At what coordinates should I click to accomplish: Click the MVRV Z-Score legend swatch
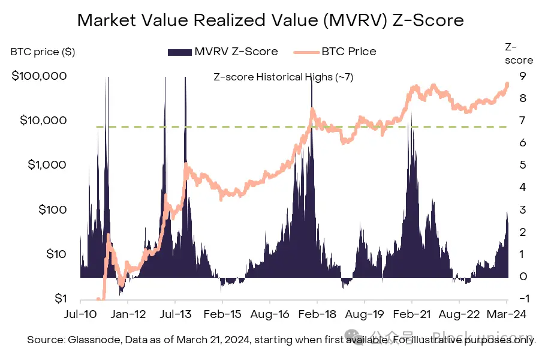pyautogui.click(x=179, y=52)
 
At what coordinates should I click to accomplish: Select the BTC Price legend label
pyautogui.click(x=349, y=51)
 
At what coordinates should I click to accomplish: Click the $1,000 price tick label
pyautogui.click(x=45, y=164)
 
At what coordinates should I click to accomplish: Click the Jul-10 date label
pyautogui.click(x=80, y=313)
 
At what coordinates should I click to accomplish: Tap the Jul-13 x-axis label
pyautogui.click(x=174, y=313)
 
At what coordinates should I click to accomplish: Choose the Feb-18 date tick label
pyautogui.click(x=317, y=313)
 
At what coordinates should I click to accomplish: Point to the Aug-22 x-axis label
pyautogui.click(x=459, y=313)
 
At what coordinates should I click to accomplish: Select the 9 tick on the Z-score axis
pyautogui.click(x=523, y=76)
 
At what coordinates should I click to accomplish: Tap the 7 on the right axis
pyautogui.click(x=523, y=120)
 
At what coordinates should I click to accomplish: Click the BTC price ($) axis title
pyautogui.click(x=43, y=52)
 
